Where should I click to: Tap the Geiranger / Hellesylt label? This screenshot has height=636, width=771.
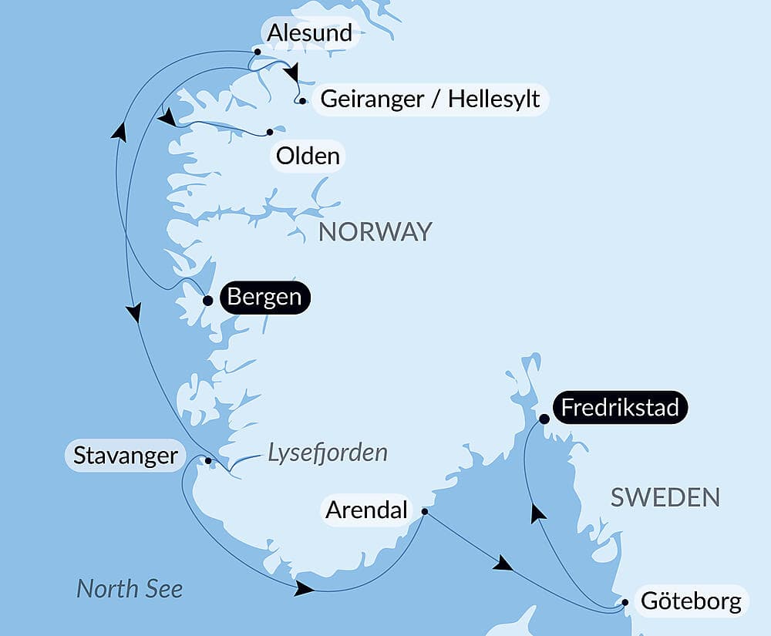pos(429,99)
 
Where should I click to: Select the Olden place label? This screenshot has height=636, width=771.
pos(308,156)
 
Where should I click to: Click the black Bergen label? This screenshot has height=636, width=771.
pos(264,298)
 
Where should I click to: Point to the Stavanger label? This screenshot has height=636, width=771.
pos(125,456)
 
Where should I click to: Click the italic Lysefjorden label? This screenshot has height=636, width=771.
pos(327,453)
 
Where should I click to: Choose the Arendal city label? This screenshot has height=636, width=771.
pos(365,510)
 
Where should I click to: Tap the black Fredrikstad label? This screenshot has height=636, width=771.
pos(620,407)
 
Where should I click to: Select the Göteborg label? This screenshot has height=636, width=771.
pos(691,601)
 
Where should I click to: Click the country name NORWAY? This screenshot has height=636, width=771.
pos(375,231)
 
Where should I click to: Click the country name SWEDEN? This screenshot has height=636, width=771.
pos(665,497)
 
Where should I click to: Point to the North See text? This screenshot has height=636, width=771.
pos(130,589)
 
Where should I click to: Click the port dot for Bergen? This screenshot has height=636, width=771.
pos(207,301)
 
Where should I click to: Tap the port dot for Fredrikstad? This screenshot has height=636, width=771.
pos(544,419)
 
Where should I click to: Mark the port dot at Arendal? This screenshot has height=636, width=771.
pos(425,511)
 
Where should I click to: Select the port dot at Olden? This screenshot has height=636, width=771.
pos(270,132)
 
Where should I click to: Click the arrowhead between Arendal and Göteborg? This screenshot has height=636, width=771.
pos(503,564)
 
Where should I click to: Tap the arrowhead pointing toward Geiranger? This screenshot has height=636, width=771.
pos(291,73)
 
